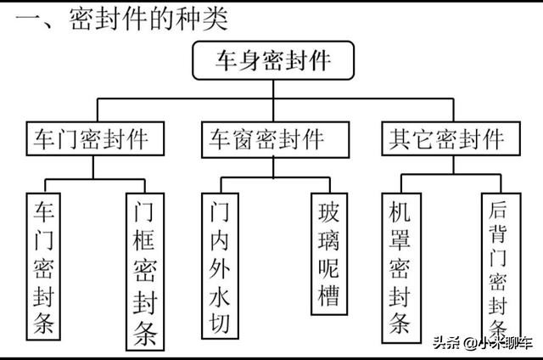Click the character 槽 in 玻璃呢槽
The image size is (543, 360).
click(327, 296)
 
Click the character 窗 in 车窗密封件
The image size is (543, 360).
click(248, 138)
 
